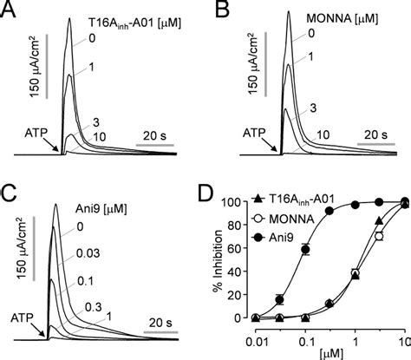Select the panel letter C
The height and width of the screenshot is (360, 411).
pyautogui.click(x=11, y=190)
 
